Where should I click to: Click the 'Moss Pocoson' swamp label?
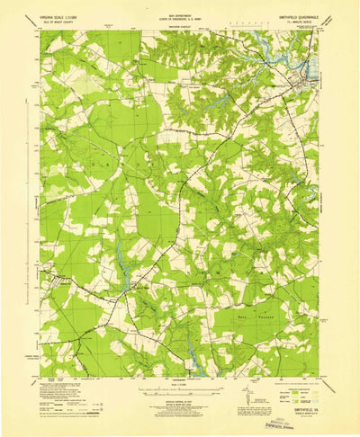pos(260,317)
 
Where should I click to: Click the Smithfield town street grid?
pos(310,72)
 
